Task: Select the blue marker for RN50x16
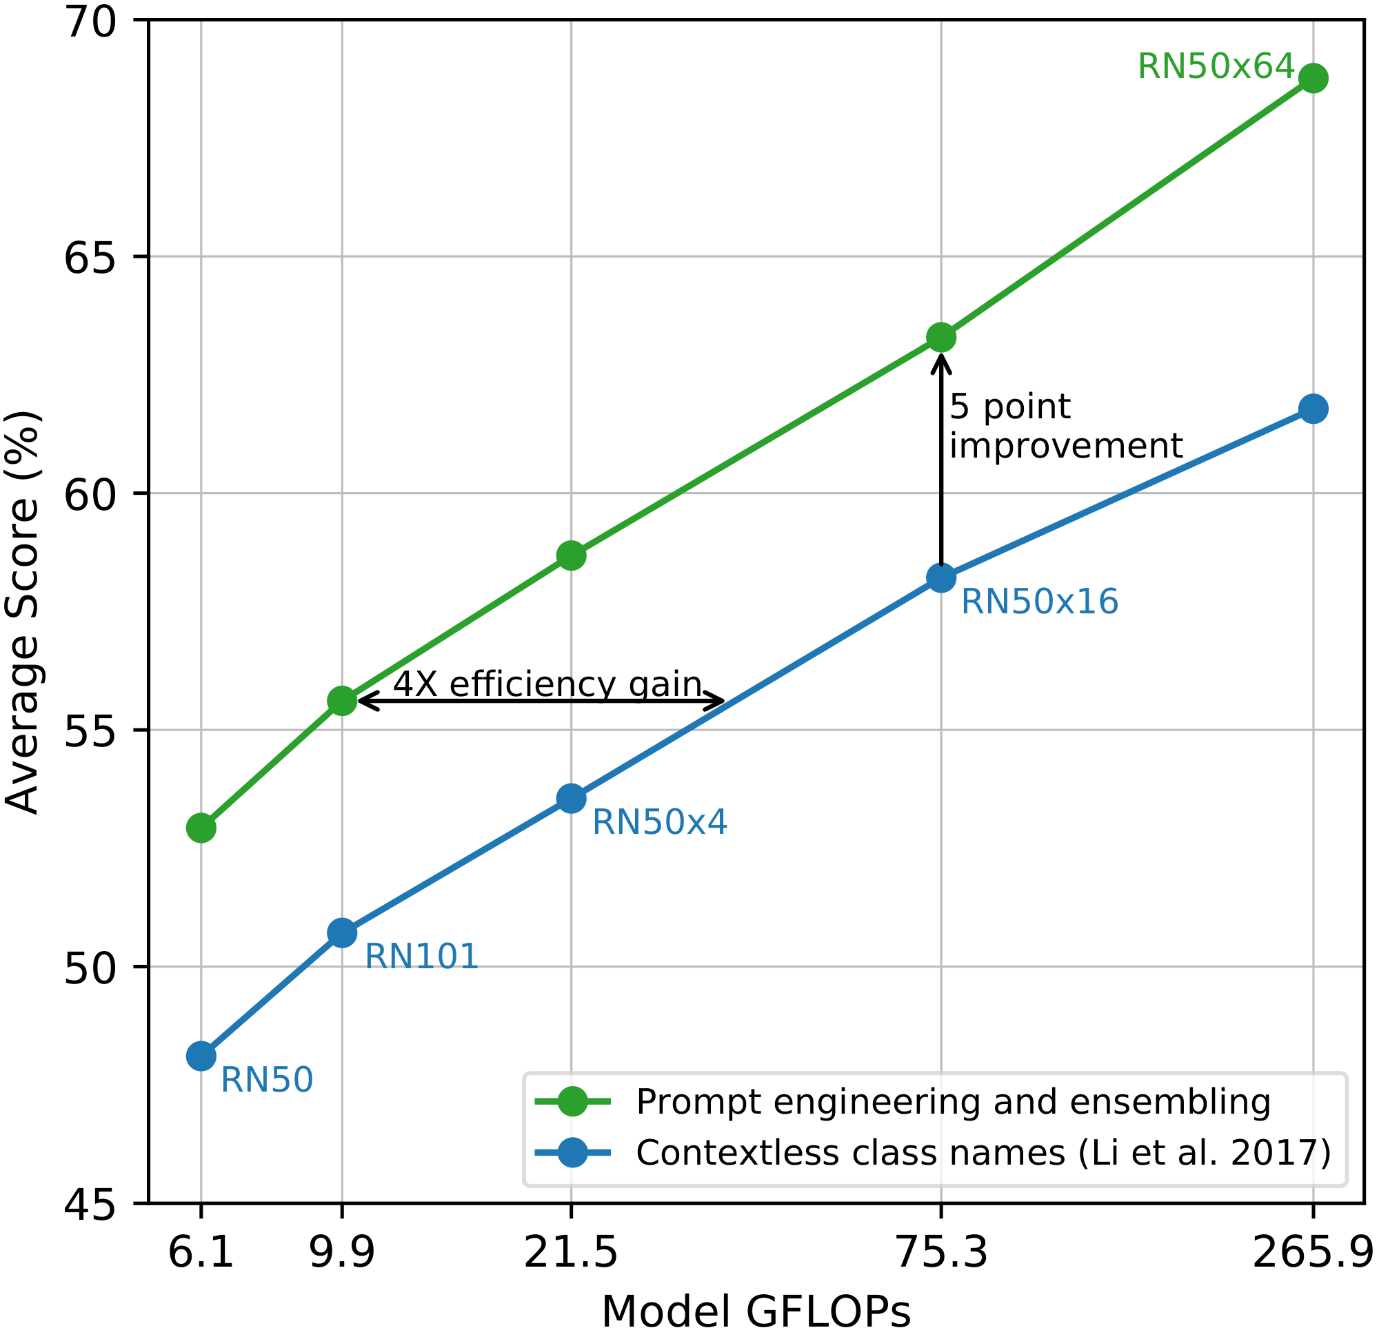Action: click(x=940, y=578)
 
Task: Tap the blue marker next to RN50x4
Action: click(x=572, y=798)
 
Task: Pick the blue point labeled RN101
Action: click(x=342, y=932)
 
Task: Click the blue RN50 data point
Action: click(x=201, y=1056)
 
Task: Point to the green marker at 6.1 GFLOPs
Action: click(x=201, y=828)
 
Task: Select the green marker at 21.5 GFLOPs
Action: click(x=572, y=555)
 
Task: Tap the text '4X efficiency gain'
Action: click(x=547, y=684)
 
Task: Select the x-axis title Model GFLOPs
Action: click(x=756, y=1312)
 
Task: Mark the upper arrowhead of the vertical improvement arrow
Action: click(x=940, y=360)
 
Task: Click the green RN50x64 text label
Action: click(x=1216, y=68)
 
